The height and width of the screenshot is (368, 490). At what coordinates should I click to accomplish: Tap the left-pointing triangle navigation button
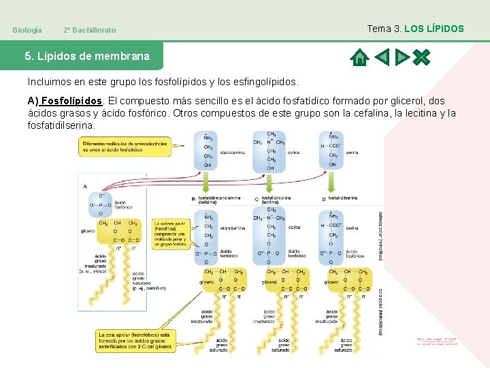tap(382, 57)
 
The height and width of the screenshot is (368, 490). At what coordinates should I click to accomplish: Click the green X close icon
tap(421, 57)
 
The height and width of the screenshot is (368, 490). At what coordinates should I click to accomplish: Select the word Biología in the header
tap(27, 30)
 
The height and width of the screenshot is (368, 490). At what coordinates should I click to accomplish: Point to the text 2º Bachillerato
tap(89, 30)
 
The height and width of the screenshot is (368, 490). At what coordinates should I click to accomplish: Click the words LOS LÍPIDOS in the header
tap(434, 29)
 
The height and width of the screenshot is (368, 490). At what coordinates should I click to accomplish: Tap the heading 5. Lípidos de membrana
tap(87, 57)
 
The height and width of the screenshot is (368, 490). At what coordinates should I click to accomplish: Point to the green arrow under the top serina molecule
tap(332, 182)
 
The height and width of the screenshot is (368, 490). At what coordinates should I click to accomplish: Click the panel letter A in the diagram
tap(84, 185)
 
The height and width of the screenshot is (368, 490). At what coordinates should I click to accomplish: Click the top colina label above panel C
tap(293, 153)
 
